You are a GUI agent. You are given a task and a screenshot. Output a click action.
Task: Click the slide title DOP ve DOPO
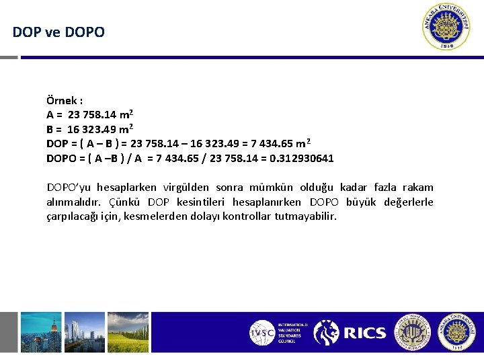point(58,32)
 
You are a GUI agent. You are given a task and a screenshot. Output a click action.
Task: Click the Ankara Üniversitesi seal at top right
point(448,28)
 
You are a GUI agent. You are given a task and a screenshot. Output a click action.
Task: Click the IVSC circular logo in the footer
point(261,332)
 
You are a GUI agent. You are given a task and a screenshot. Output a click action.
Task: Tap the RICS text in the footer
point(365,333)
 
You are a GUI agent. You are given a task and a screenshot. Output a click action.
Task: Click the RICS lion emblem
point(327,332)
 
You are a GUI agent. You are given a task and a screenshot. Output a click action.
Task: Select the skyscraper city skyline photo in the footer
point(41,332)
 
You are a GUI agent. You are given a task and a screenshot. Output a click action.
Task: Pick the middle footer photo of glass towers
point(83,332)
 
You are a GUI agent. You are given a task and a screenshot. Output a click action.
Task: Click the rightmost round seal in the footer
point(457,332)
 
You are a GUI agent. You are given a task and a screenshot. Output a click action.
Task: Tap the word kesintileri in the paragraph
point(202,202)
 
